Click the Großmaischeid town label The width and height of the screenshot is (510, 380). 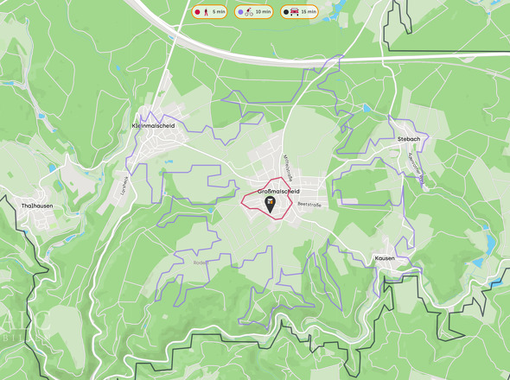[x=278, y=191]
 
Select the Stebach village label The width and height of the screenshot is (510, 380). [x=408, y=138]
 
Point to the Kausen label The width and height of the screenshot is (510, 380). [x=385, y=258]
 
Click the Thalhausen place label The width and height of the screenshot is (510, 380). [x=37, y=206]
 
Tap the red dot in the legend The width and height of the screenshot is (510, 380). [x=197, y=12]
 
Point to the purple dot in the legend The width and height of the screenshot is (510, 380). [x=239, y=12]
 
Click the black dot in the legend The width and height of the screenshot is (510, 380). [x=285, y=12]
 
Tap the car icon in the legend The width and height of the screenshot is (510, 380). [x=296, y=12]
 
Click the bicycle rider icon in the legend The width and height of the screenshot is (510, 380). [x=249, y=12]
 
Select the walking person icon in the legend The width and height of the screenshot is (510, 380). [x=206, y=12]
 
